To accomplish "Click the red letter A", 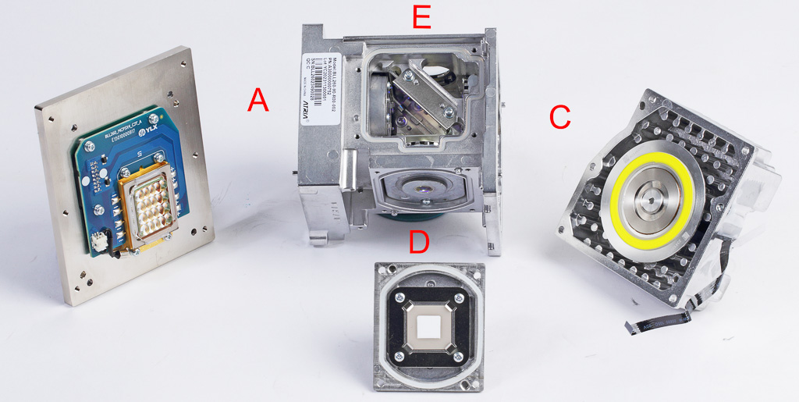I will pos(258,100).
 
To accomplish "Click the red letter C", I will pos(559,116).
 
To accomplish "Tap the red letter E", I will pos(421,16).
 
